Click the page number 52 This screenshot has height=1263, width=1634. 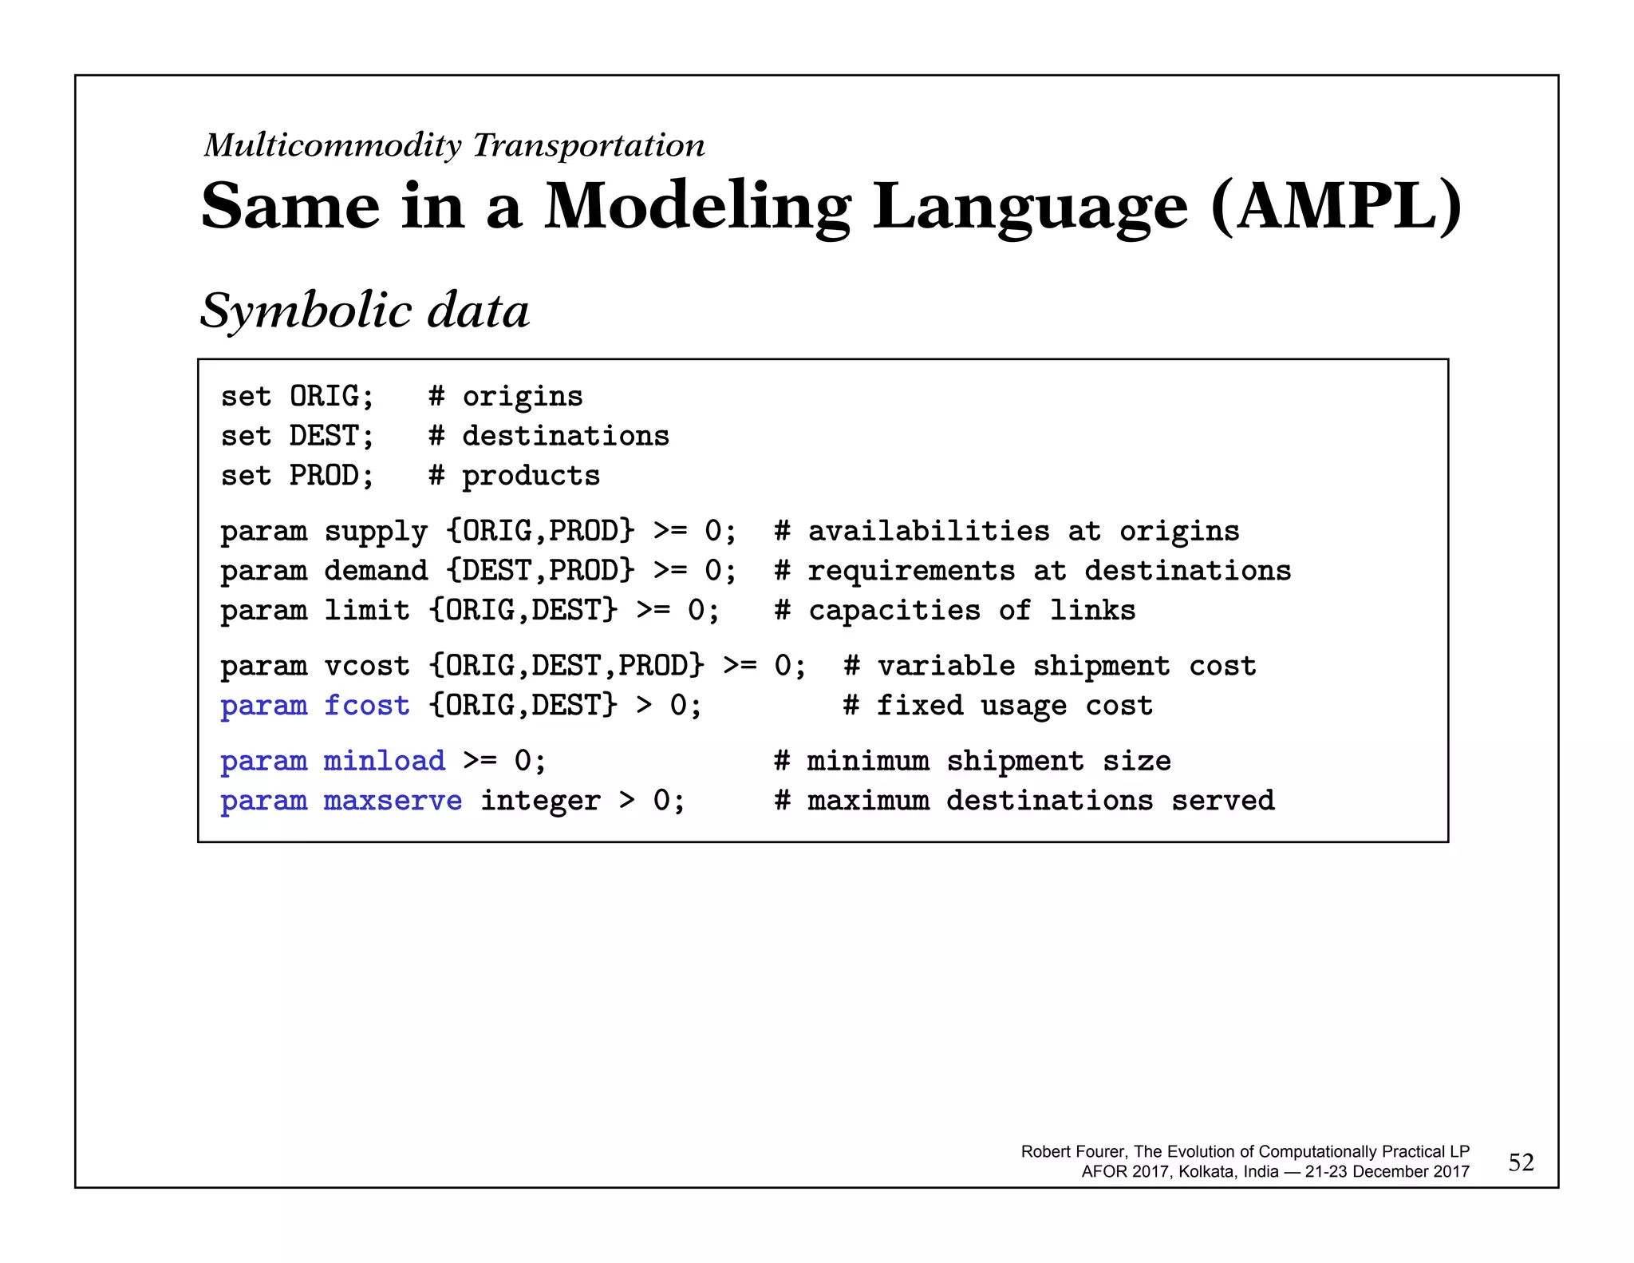click(1521, 1162)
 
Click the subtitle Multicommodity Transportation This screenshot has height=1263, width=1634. click(454, 145)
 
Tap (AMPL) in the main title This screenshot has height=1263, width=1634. click(1336, 207)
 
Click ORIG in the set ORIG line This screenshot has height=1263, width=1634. click(323, 396)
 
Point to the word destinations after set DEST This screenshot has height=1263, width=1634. click(566, 436)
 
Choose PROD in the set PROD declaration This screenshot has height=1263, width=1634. click(323, 476)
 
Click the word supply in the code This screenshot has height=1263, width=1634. click(375, 532)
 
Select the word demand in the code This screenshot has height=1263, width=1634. click(375, 571)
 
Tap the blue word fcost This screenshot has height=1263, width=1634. click(366, 706)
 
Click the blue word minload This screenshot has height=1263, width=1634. click(384, 761)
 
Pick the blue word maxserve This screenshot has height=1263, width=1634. click(393, 801)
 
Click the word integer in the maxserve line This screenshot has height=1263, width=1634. click(539, 801)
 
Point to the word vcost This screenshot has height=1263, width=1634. click(366, 666)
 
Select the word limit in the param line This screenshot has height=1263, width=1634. click(366, 611)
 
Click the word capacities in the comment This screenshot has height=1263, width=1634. click(894, 611)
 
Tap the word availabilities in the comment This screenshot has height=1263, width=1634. click(929, 532)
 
